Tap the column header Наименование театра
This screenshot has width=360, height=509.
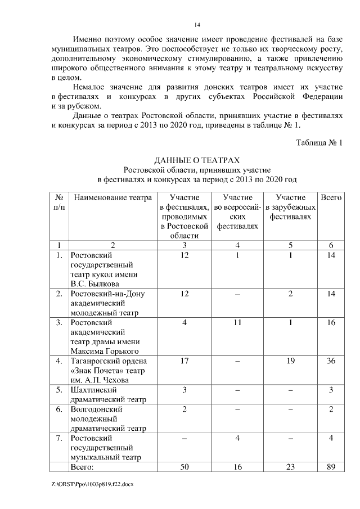112,198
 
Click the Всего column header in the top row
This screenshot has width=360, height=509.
331,198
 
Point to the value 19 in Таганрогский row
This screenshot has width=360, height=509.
290,361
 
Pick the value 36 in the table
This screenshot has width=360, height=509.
331,361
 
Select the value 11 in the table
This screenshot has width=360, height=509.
238,323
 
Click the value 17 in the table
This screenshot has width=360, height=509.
184,361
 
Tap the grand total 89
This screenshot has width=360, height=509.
331,467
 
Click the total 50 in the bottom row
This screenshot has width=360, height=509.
184,467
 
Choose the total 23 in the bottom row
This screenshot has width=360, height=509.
290,467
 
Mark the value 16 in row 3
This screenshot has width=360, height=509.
331,323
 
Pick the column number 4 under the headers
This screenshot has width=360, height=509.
238,245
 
